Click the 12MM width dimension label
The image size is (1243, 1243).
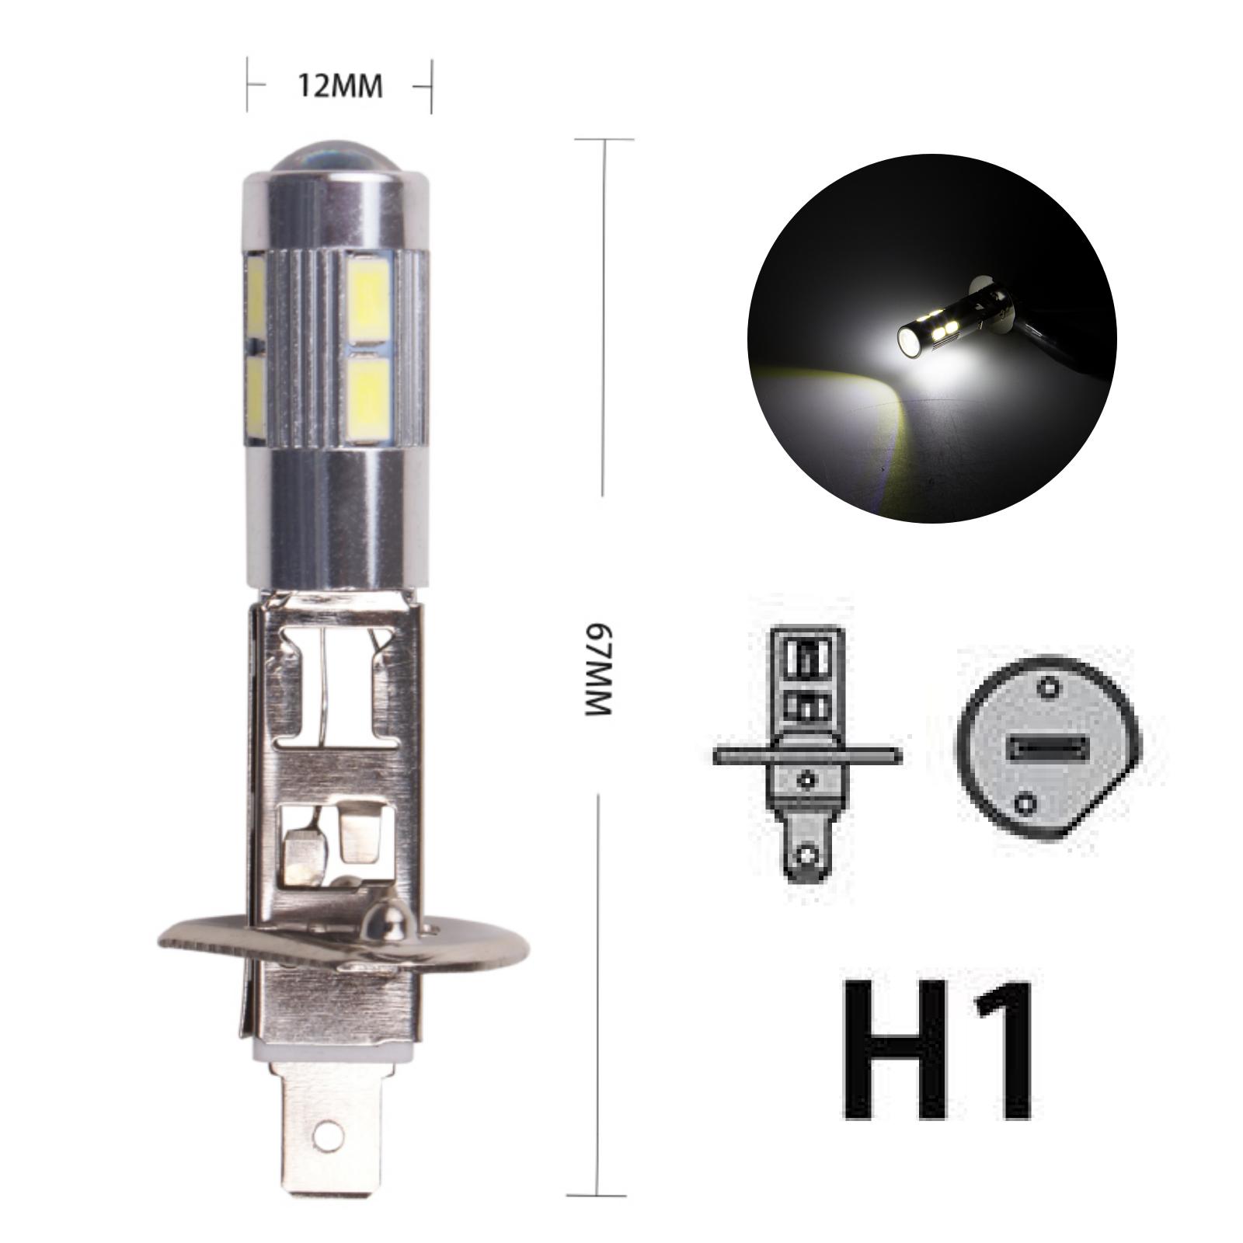tap(339, 86)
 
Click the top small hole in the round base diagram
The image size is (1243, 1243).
tap(1050, 688)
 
